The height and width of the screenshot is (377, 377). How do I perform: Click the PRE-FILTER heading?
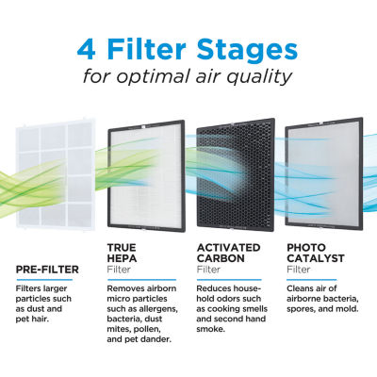tap(48, 269)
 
